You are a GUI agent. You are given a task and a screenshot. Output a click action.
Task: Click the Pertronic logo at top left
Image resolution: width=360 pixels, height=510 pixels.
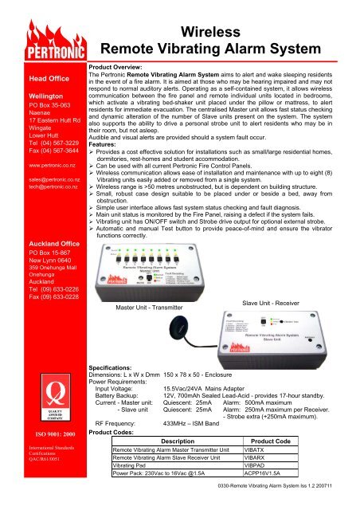coord(42,39)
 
